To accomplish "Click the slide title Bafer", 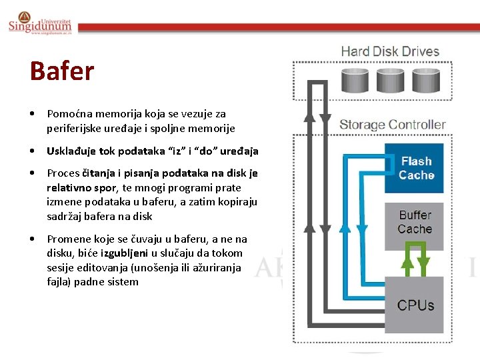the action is (62, 71).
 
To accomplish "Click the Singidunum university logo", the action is (40, 24).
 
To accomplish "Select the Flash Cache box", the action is (416, 168).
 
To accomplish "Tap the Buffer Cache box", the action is (415, 222).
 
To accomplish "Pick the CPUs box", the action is (415, 305).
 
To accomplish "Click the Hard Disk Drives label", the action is (390, 51).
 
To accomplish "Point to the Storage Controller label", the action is (392, 125).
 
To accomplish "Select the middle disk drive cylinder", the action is (389, 80).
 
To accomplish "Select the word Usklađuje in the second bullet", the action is (71, 151).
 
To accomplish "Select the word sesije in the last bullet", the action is (60, 267).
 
